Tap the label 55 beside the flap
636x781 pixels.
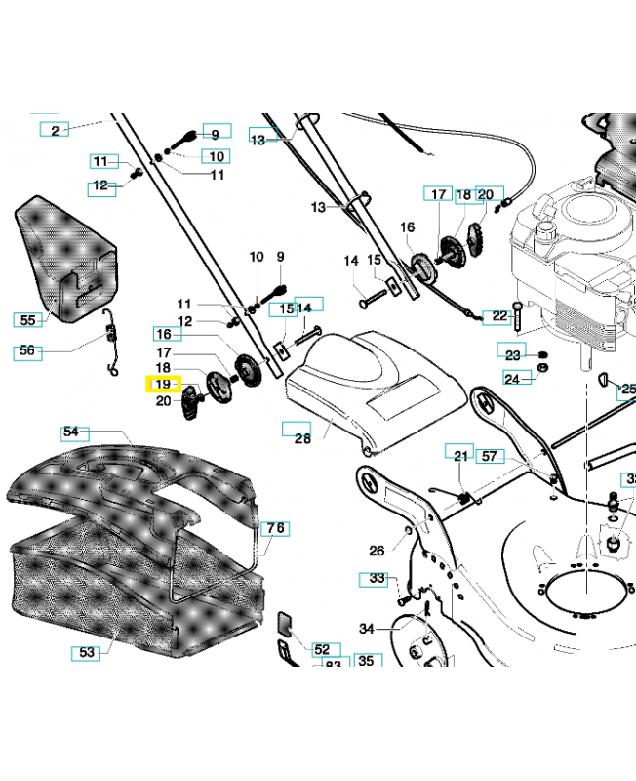[x=28, y=319]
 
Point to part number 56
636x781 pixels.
[x=28, y=351]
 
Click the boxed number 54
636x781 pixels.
[x=71, y=432]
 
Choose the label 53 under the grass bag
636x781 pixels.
[x=88, y=652]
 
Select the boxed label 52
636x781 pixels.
[x=321, y=648]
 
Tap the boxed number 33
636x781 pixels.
[x=377, y=578]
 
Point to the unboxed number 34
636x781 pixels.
[x=368, y=629]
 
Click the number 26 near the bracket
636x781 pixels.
[x=377, y=550]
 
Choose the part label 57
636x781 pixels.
[x=490, y=456]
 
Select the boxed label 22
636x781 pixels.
[x=501, y=316]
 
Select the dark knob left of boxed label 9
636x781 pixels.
[x=184, y=140]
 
